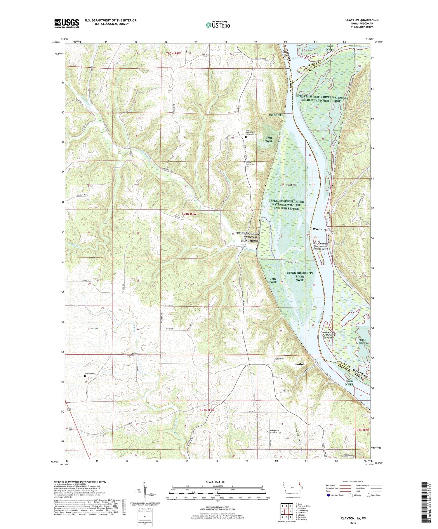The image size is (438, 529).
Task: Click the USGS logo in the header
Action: click(67, 23)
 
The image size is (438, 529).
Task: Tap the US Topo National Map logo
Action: click(218, 25)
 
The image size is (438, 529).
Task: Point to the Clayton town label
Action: click(299, 364)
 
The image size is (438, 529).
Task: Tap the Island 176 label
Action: click(291, 185)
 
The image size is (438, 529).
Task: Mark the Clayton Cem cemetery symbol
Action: click(274, 362)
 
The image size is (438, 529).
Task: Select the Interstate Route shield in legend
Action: click(328, 495)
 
